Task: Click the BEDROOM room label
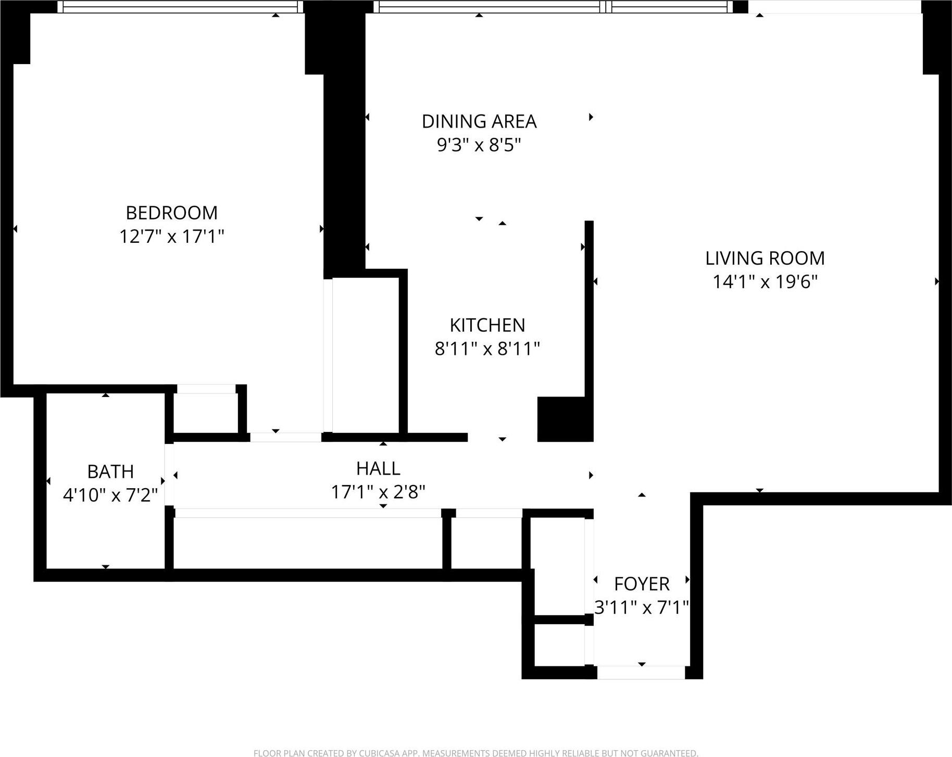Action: (x=171, y=213)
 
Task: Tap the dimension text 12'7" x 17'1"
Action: (x=171, y=237)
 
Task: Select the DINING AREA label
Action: (x=479, y=121)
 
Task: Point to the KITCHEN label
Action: (x=487, y=325)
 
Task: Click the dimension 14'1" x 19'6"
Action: (x=765, y=282)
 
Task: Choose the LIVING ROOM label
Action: (x=765, y=258)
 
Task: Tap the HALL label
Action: (x=378, y=468)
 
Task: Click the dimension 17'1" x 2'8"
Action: (x=378, y=492)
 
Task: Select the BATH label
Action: (x=110, y=471)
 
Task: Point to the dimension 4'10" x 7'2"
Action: (x=110, y=494)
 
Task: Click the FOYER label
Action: (x=642, y=584)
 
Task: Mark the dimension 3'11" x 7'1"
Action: (x=642, y=607)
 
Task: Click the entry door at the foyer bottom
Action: (x=641, y=672)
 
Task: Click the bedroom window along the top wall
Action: (x=180, y=7)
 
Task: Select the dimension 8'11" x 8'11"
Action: (x=487, y=349)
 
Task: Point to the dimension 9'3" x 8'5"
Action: (x=479, y=145)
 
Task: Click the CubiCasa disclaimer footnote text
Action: (x=475, y=753)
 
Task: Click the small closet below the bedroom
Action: (x=206, y=413)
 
